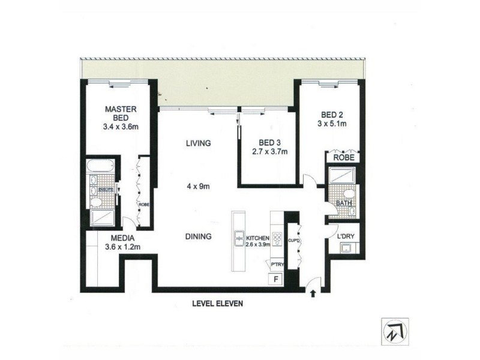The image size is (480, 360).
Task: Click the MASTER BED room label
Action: point(122,114)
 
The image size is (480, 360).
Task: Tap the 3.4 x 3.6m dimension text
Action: point(122,128)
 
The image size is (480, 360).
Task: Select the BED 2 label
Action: point(330,115)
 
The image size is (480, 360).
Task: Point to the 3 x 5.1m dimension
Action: point(331,125)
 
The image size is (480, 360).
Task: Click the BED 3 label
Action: point(270,143)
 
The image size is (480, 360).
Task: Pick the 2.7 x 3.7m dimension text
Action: point(269,152)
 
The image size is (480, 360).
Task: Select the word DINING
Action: point(198,237)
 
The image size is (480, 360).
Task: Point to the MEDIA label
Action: point(122,237)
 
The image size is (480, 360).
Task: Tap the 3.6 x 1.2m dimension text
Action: point(122,247)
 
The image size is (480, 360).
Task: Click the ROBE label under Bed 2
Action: point(344,157)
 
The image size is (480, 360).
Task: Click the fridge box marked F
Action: point(276,279)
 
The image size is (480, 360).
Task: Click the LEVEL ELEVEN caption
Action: point(217,304)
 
